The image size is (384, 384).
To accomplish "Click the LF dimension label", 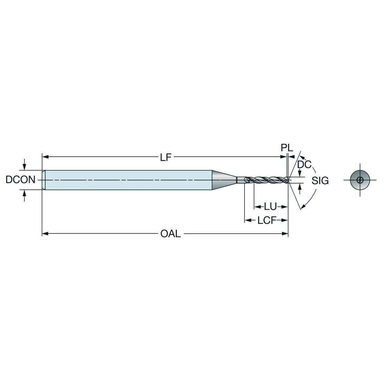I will click(166, 157).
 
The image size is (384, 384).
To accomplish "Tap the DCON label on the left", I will click(21, 180).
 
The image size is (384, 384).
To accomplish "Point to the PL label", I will click(286, 148).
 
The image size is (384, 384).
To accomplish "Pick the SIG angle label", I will click(320, 180).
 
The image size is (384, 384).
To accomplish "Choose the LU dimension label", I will click(270, 207).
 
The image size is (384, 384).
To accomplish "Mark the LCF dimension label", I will click(267, 220).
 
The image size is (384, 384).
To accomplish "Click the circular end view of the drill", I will click(360, 180).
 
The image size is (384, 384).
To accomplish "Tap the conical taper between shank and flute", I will click(224, 180).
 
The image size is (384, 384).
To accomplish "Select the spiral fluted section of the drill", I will click(265, 180).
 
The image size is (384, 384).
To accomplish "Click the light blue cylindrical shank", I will click(127, 180).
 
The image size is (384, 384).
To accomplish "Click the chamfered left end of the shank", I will click(43, 180).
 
